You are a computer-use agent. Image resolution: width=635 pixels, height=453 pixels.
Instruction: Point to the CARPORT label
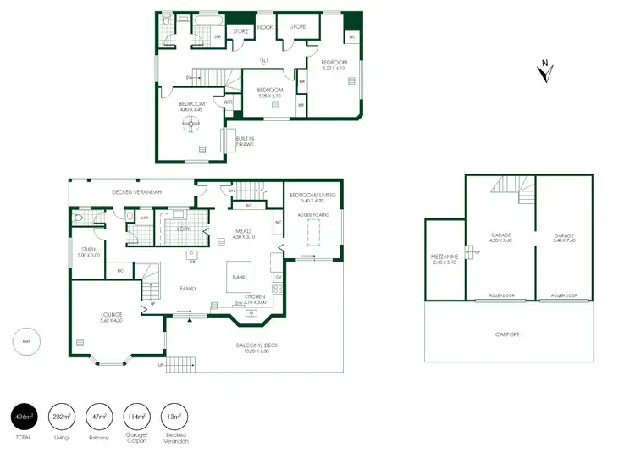click(507, 334)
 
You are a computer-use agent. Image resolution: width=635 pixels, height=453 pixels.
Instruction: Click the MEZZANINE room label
click(444, 257)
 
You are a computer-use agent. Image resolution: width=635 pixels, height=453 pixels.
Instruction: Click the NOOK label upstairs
click(264, 27)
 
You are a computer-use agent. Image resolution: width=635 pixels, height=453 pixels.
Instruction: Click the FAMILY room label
click(188, 289)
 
